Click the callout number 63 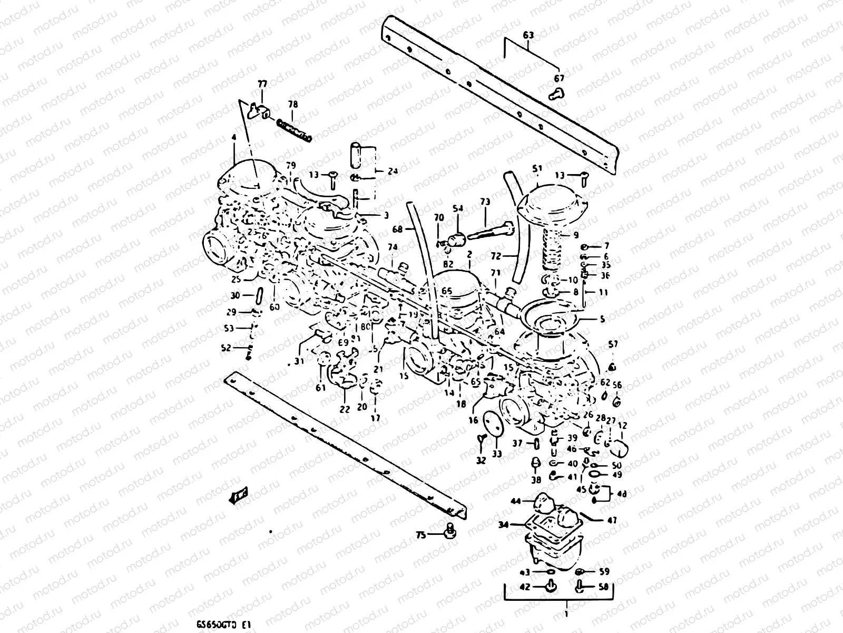click(528, 35)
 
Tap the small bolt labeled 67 click(556, 94)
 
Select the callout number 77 click(262, 84)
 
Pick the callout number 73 click(485, 202)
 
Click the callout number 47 click(612, 521)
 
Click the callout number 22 click(345, 408)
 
